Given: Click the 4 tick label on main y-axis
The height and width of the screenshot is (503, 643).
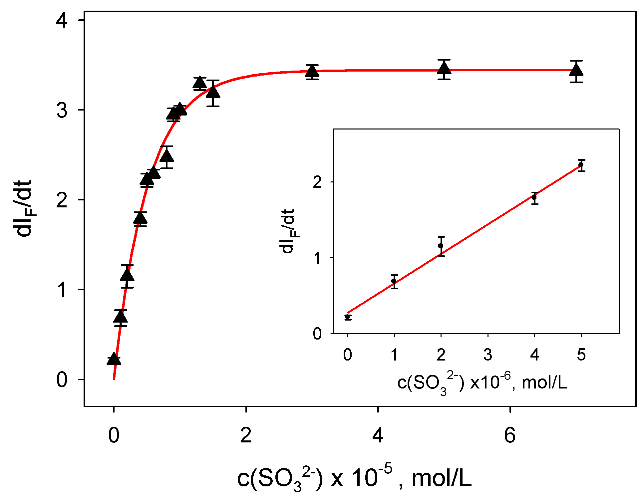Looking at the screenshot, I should pos(62,20).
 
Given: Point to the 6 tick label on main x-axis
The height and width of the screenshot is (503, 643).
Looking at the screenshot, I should pos(510,435).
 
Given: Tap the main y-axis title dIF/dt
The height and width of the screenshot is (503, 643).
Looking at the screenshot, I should pos(24,208).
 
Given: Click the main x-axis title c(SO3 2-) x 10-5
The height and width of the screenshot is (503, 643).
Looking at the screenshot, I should pos(354,478).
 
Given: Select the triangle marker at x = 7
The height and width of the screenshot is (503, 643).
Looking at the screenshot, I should pos(576,70).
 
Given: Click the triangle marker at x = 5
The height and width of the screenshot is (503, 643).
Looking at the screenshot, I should pos(444,69).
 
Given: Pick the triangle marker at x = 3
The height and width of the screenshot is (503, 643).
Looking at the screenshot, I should pos(312,71).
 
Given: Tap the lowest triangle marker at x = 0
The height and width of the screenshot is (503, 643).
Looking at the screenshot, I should pos(114,360).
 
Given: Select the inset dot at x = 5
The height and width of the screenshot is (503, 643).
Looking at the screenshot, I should pos(581,165).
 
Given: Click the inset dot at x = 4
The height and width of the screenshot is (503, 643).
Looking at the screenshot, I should pos(534,197).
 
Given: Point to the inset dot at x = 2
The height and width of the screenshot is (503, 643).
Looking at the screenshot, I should pos(441,246).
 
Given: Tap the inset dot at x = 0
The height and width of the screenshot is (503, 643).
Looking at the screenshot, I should pos(348,317).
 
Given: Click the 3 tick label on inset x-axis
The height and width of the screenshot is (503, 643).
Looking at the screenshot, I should pos(488,355).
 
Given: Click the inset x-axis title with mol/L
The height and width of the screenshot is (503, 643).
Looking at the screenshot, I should pos(482,383).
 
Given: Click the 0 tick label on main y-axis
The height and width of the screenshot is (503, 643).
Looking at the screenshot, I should pos(62,379).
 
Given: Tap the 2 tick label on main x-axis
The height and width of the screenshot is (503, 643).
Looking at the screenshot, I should pos(246,435).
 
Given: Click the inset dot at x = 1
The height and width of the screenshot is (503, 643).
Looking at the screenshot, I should pos(394,281).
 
